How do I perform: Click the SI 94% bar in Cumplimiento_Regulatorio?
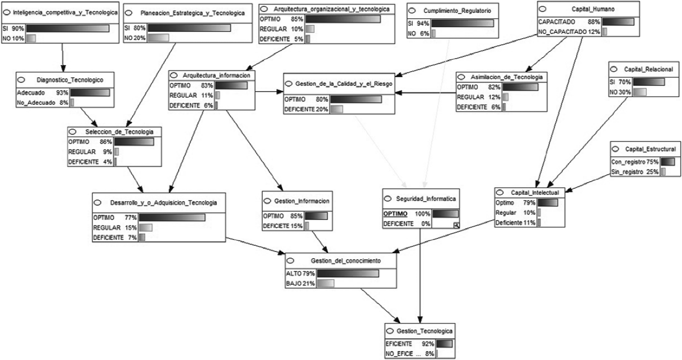tap(462, 23)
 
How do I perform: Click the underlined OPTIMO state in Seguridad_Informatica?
tap(395, 214)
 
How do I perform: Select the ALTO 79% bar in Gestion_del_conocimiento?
tap(347, 274)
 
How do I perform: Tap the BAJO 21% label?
tap(300, 284)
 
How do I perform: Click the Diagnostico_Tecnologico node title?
tap(70, 80)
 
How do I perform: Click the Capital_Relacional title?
tap(648, 69)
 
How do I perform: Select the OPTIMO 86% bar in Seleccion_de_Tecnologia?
tap(134, 142)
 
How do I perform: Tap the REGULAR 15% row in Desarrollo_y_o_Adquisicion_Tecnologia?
tap(122, 228)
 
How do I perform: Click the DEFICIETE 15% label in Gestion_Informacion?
tap(283, 226)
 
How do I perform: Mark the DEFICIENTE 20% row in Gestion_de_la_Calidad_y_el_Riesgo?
tap(313, 109)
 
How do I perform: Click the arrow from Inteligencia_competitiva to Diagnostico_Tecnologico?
tap(63, 56)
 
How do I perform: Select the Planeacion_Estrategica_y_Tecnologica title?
tap(193, 13)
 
